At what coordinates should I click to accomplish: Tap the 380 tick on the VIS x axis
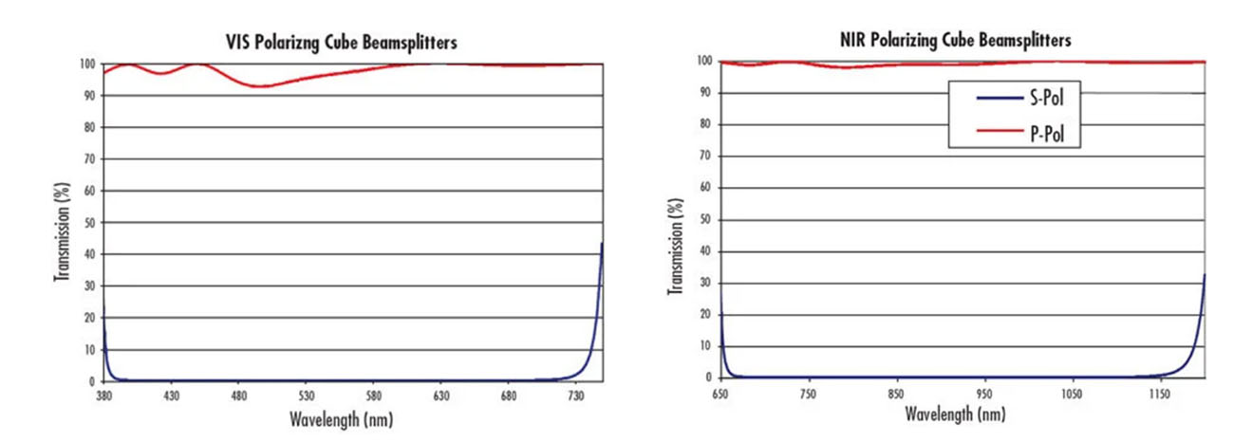coord(103,394)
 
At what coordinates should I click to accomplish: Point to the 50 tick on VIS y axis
coord(89,223)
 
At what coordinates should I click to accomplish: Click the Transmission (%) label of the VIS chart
coord(61,223)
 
